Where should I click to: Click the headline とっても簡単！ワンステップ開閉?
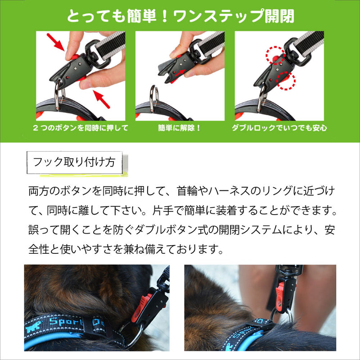180,16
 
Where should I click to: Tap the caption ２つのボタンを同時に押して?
81,128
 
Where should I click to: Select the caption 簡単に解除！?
180,128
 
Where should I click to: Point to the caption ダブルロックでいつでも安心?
279,128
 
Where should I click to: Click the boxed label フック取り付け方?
74,162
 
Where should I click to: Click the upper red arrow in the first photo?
55,42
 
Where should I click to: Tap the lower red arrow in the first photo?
101,99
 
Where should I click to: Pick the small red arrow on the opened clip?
180,73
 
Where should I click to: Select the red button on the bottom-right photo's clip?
280,297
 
